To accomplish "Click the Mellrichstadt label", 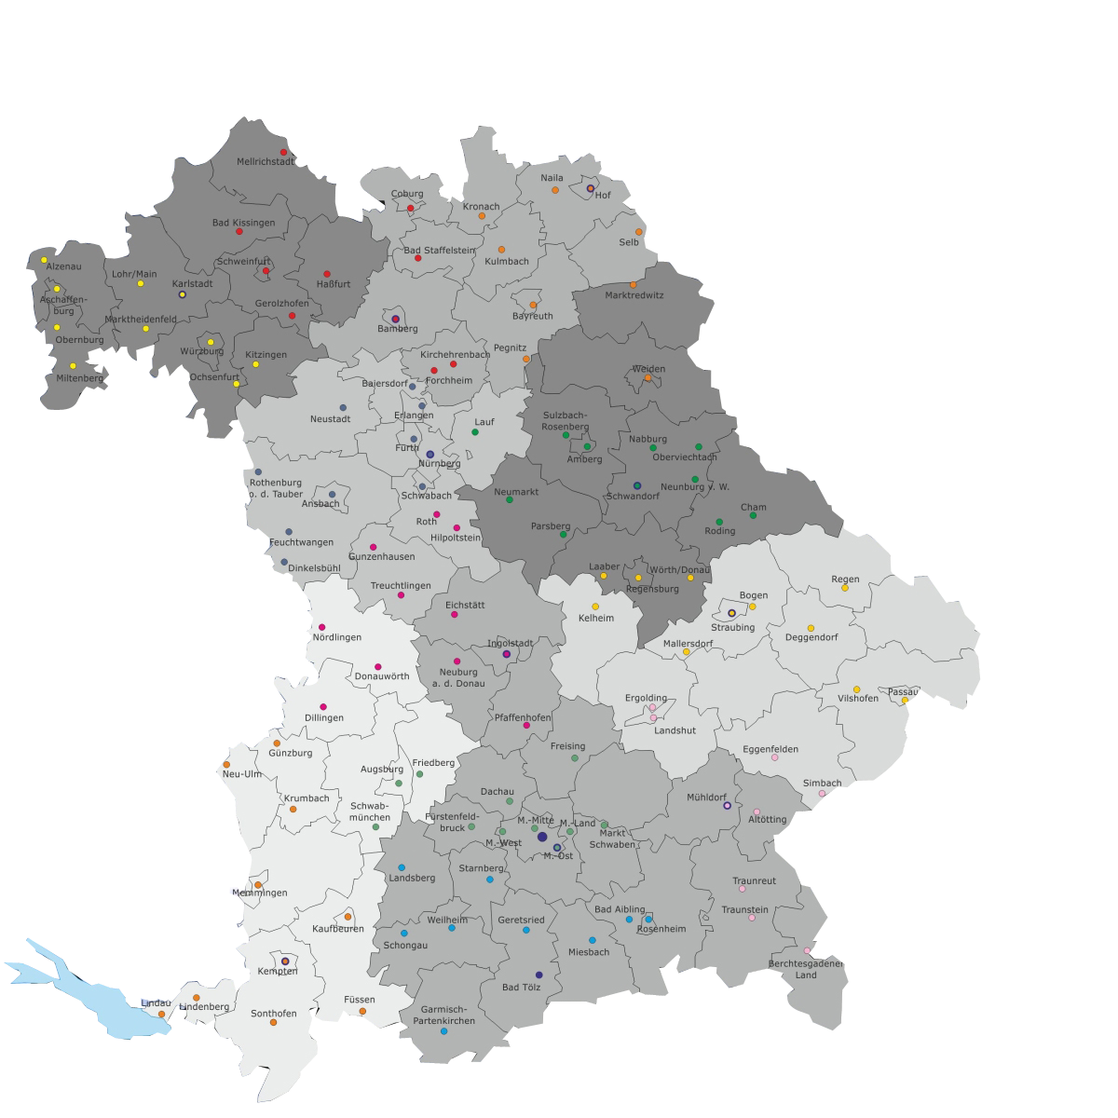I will pyautogui.click(x=266, y=161).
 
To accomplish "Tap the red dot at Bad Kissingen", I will pyautogui.click(x=239, y=231).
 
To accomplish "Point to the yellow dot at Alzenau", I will pyautogui.click(x=44, y=260).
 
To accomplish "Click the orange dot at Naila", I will pyautogui.click(x=555, y=190).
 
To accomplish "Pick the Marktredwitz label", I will pyautogui.click(x=634, y=295).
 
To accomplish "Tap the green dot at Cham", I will pyautogui.click(x=753, y=515).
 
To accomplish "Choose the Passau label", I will pyautogui.click(x=902, y=692).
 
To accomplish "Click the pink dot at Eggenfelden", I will pyautogui.click(x=774, y=757).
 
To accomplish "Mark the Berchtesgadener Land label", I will pyautogui.click(x=806, y=969).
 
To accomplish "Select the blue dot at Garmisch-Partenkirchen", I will pyautogui.click(x=443, y=1031).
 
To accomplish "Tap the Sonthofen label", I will pyautogui.click(x=273, y=1014).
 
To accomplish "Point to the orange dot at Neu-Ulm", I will pyautogui.click(x=226, y=764).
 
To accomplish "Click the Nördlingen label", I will pyautogui.click(x=336, y=637).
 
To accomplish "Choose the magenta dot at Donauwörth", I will pyautogui.click(x=378, y=666).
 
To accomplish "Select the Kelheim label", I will pyautogui.click(x=596, y=618).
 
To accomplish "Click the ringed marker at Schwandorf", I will pyautogui.click(x=637, y=485).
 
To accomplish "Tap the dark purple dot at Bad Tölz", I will pyautogui.click(x=539, y=975).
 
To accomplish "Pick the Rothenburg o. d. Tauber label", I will pyautogui.click(x=276, y=488).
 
